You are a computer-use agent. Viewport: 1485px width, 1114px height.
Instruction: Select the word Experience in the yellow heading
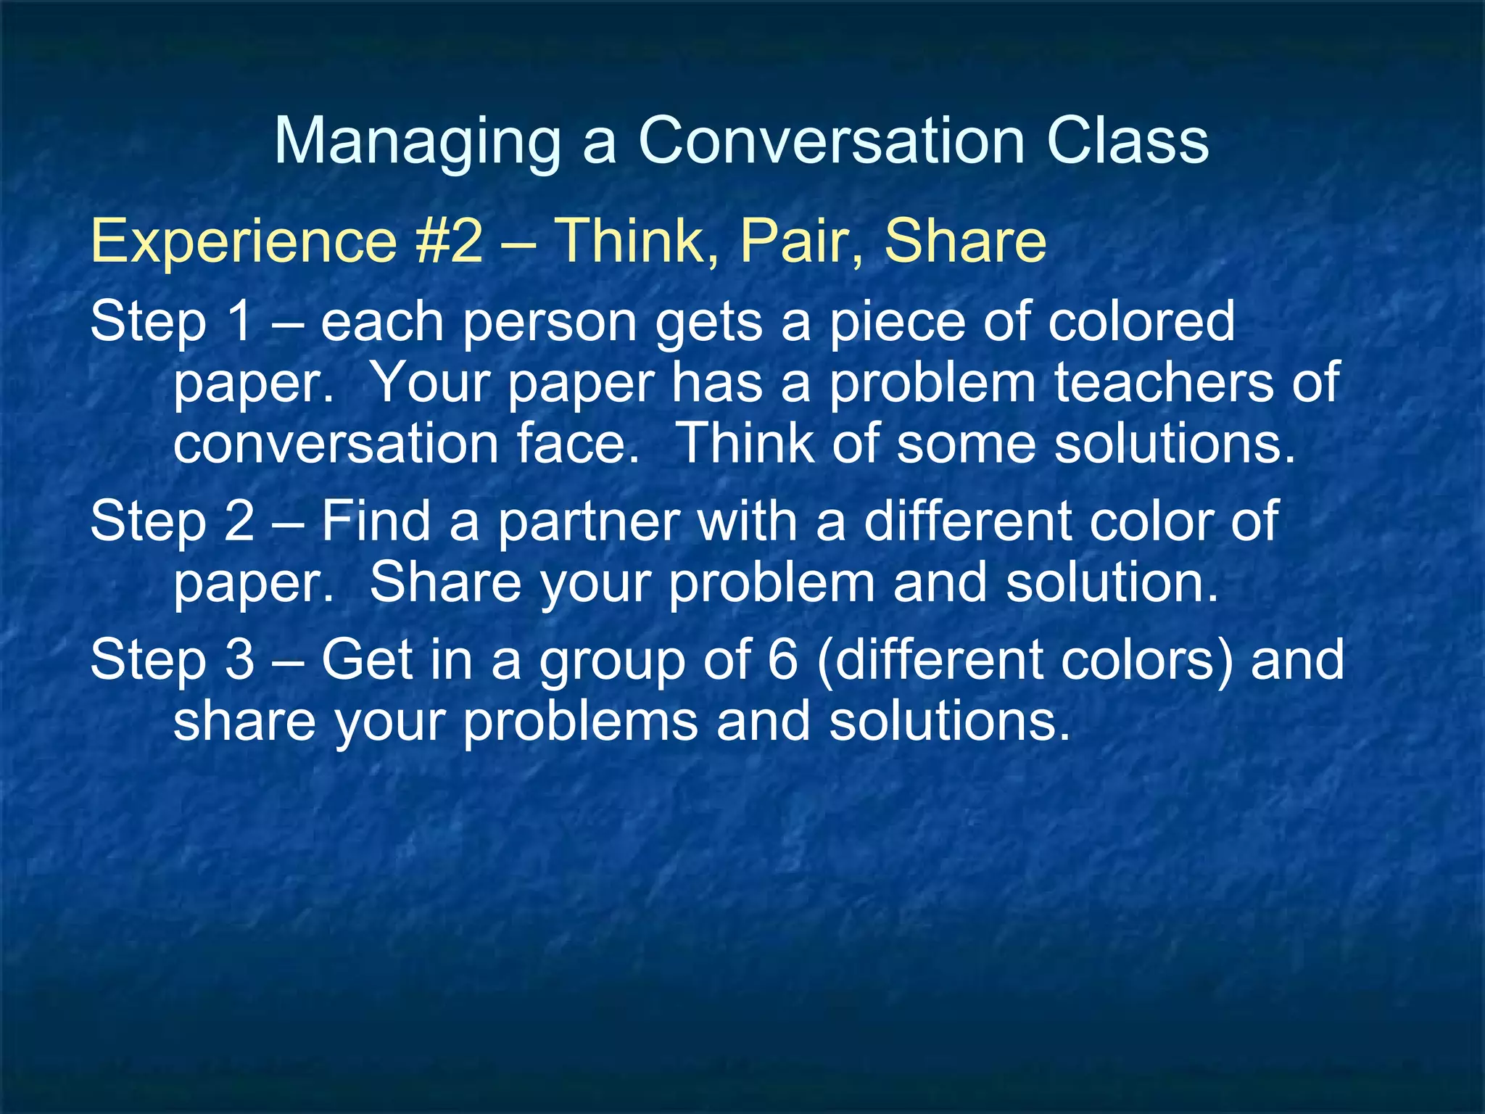244,241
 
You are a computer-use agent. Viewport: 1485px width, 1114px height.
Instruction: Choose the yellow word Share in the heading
965,241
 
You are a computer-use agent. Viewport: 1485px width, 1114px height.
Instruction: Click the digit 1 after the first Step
239,321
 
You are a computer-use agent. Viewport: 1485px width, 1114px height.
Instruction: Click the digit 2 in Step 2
239,521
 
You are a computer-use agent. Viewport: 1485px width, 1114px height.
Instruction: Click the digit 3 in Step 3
239,660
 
